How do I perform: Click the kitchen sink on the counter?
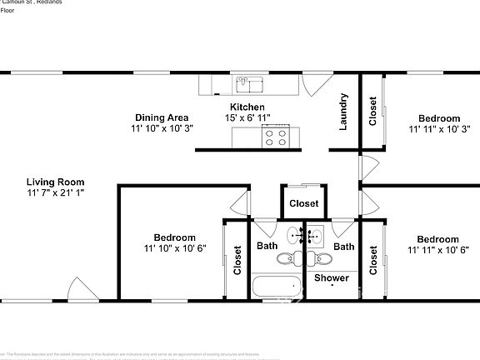(248, 83)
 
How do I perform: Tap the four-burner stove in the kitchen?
(277, 137)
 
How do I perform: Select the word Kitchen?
(247, 107)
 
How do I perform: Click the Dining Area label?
(161, 117)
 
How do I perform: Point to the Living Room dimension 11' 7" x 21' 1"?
(55, 192)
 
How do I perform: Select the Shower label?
(331, 277)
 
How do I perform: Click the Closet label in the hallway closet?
(303, 203)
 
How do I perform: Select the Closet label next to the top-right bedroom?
(372, 112)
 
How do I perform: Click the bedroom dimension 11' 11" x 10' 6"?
(438, 250)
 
